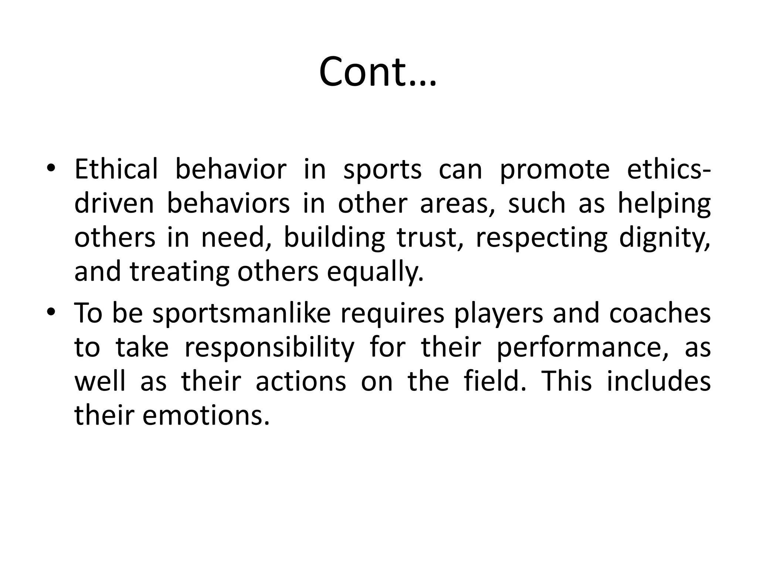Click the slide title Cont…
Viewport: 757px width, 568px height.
coord(378,72)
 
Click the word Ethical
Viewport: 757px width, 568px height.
coord(116,169)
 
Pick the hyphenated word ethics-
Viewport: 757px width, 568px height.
coord(669,169)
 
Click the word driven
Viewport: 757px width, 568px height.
coord(114,204)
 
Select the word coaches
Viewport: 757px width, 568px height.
coord(660,313)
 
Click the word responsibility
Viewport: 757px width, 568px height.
coord(269,348)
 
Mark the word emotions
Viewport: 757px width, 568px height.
coord(206,416)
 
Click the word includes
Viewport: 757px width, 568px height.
coord(659,381)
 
